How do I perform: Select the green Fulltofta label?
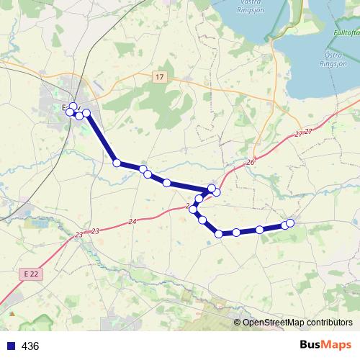(346, 33)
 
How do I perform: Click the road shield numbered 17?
(159, 76)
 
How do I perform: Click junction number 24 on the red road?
(132, 221)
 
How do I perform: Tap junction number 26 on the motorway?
(251, 163)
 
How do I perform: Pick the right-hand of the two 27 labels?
(309, 131)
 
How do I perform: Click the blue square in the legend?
(10, 346)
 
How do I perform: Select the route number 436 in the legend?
(30, 346)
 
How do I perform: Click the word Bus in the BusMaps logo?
(312, 346)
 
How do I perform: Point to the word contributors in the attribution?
(328, 323)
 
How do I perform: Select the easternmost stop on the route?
(291, 222)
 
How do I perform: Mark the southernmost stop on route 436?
(219, 234)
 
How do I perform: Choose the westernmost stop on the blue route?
(70, 112)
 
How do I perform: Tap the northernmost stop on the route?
(73, 107)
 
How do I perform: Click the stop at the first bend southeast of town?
(117, 163)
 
